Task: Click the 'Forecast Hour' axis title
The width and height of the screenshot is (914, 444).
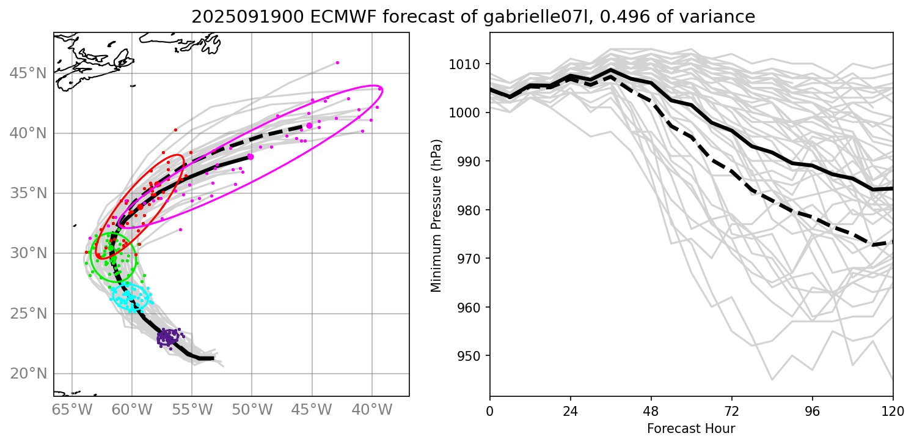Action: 691,428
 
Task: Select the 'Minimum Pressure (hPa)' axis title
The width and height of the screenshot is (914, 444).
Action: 436,213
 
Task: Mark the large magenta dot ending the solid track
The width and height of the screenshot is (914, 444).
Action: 250,157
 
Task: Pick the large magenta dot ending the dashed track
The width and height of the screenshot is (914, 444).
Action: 309,125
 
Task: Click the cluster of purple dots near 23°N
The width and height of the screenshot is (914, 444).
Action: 167,337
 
